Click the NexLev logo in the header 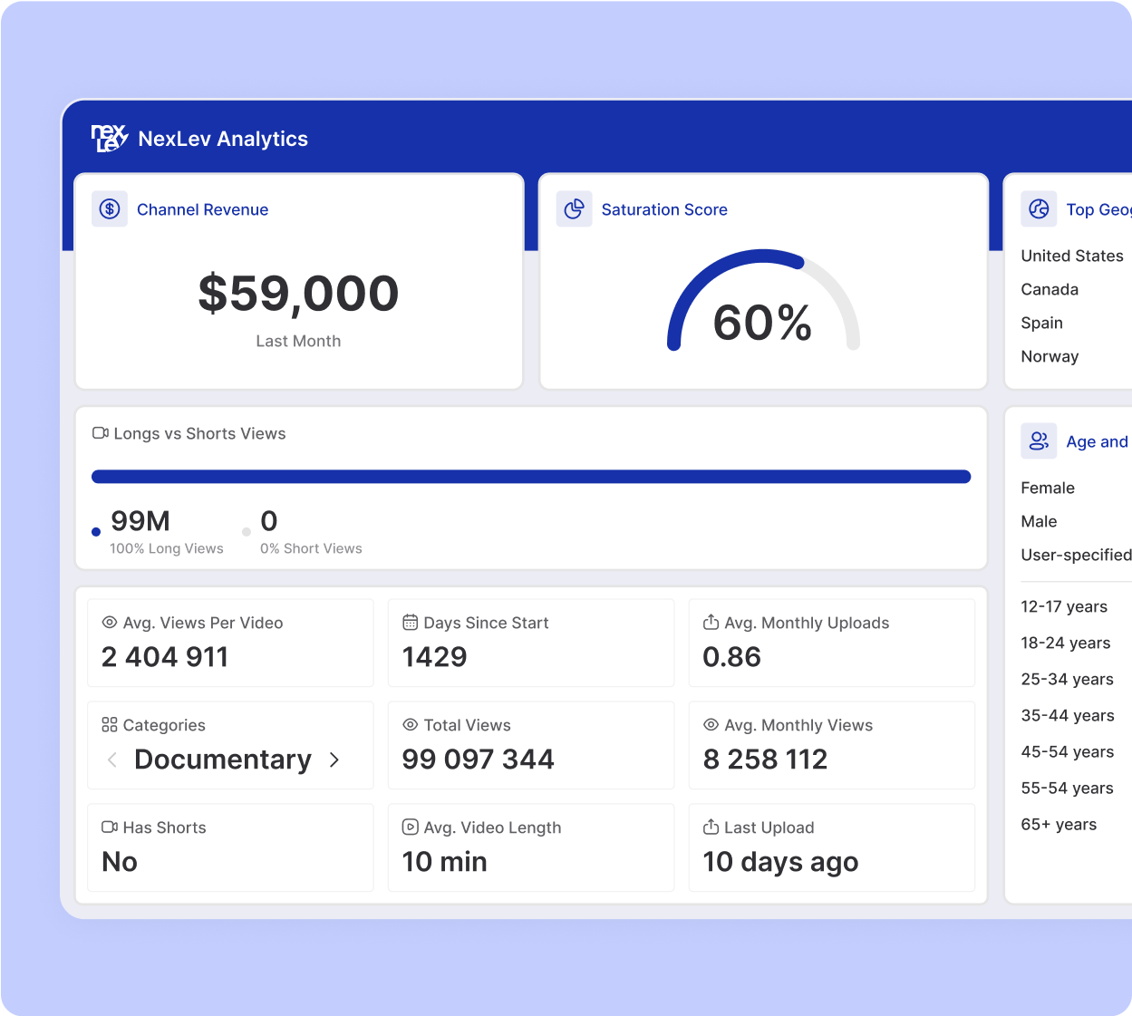110,139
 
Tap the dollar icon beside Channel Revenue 110,209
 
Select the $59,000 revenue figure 298,294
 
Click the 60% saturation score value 762,323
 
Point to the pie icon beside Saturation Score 574,209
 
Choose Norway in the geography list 1050,356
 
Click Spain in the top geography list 1041,323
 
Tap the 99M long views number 140,521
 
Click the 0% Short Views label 311,548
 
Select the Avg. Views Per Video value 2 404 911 165,657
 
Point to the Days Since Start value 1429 434,657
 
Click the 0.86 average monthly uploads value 731,657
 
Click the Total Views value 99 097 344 478,760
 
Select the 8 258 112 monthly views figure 765,760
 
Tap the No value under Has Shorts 120,862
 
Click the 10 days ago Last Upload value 780,862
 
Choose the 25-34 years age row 1067,679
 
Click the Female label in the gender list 1048,488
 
